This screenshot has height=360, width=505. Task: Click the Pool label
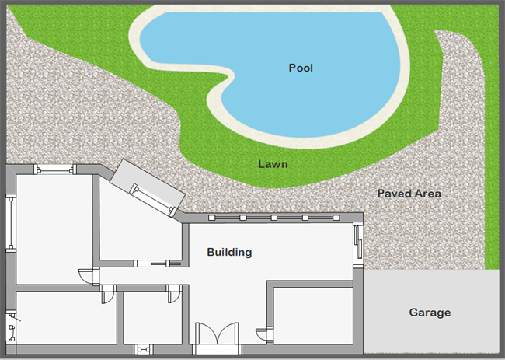[301, 68]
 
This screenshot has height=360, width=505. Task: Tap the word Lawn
[273, 164]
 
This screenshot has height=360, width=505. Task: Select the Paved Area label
[409, 194]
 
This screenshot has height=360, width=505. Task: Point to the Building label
[229, 252]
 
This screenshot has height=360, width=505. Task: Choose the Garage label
[430, 313]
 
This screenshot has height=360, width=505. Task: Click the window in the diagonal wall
[152, 200]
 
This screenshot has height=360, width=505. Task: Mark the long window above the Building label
[273, 218]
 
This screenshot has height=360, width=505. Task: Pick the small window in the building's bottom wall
[144, 349]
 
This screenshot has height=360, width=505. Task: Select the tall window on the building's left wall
[11, 223]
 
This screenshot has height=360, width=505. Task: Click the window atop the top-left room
[55, 170]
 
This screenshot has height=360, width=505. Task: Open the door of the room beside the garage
[265, 334]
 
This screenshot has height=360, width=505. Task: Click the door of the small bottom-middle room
[174, 294]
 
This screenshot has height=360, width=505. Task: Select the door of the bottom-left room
[108, 294]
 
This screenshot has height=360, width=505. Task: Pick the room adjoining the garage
[313, 316]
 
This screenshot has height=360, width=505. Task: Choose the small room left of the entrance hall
[152, 318]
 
